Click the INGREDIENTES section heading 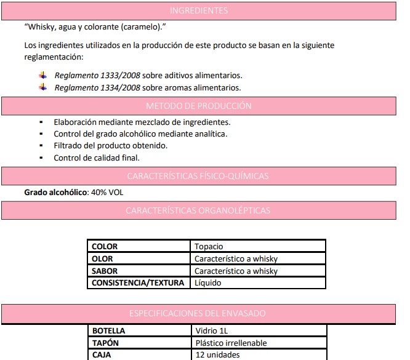198,10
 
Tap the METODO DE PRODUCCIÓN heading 198,106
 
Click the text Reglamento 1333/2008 97,75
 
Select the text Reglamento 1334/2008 97,88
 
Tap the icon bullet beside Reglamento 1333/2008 42,75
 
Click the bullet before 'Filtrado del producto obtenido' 41,146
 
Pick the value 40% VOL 107,193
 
